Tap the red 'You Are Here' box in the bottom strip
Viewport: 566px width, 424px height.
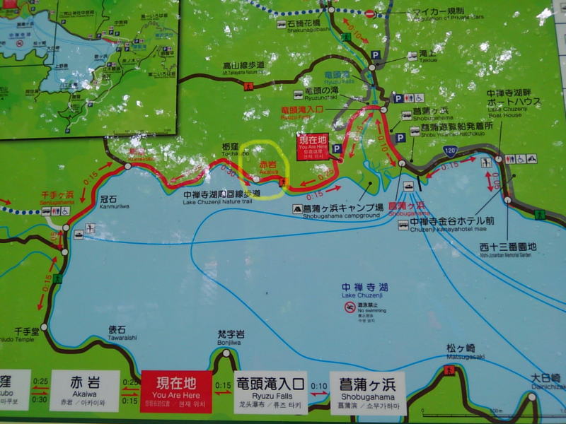click(x=176, y=391)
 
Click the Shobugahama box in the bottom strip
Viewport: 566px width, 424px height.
click(x=367, y=393)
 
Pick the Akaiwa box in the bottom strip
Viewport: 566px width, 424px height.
click(x=85, y=391)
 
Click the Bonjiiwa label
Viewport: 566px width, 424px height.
click(x=231, y=336)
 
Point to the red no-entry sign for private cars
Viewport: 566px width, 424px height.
click(x=369, y=13)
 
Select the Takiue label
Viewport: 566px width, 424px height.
click(x=427, y=55)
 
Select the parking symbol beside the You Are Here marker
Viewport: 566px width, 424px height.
click(x=337, y=149)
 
